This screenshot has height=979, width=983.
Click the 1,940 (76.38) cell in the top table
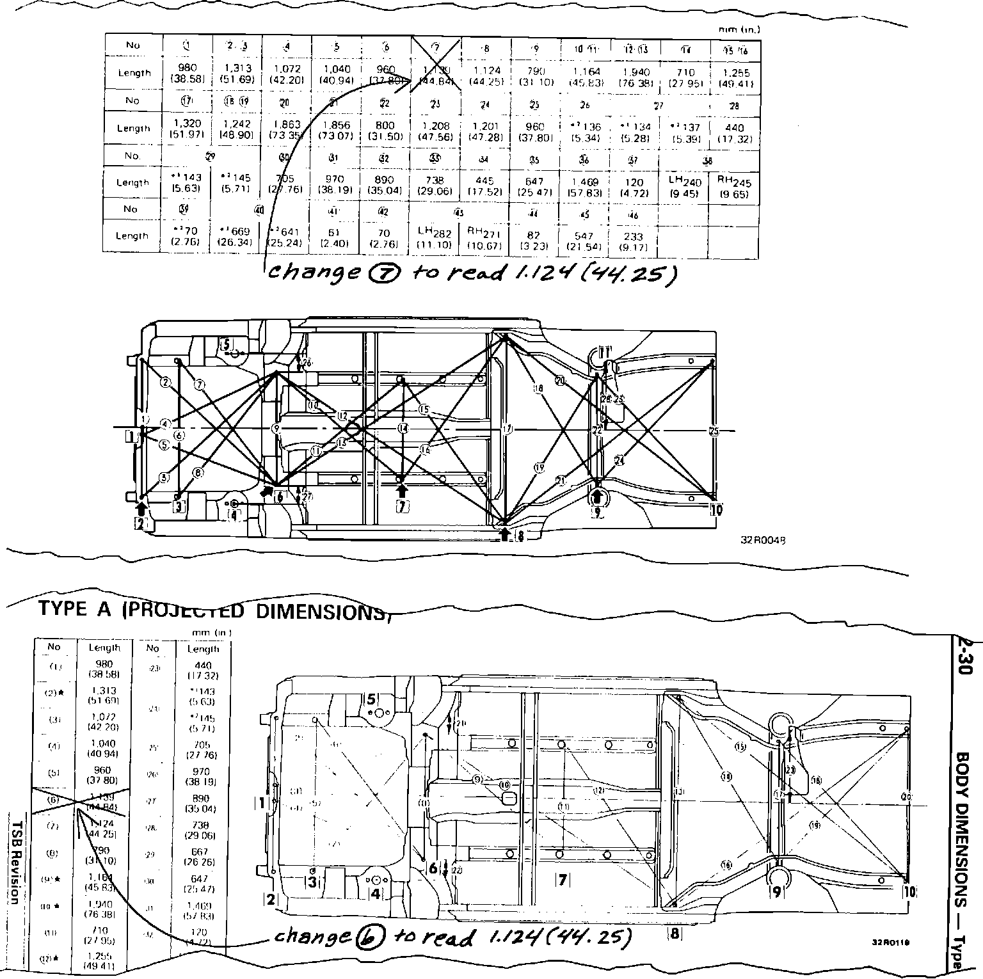point(635,77)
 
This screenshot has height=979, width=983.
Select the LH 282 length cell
point(434,236)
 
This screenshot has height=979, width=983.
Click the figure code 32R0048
point(763,540)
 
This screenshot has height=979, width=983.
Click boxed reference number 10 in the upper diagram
point(716,509)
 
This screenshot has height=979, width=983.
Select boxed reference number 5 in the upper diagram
point(227,344)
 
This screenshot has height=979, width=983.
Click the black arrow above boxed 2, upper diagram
point(142,509)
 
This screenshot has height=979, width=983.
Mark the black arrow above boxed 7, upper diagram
point(402,491)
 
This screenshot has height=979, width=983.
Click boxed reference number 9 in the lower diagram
point(776,891)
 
